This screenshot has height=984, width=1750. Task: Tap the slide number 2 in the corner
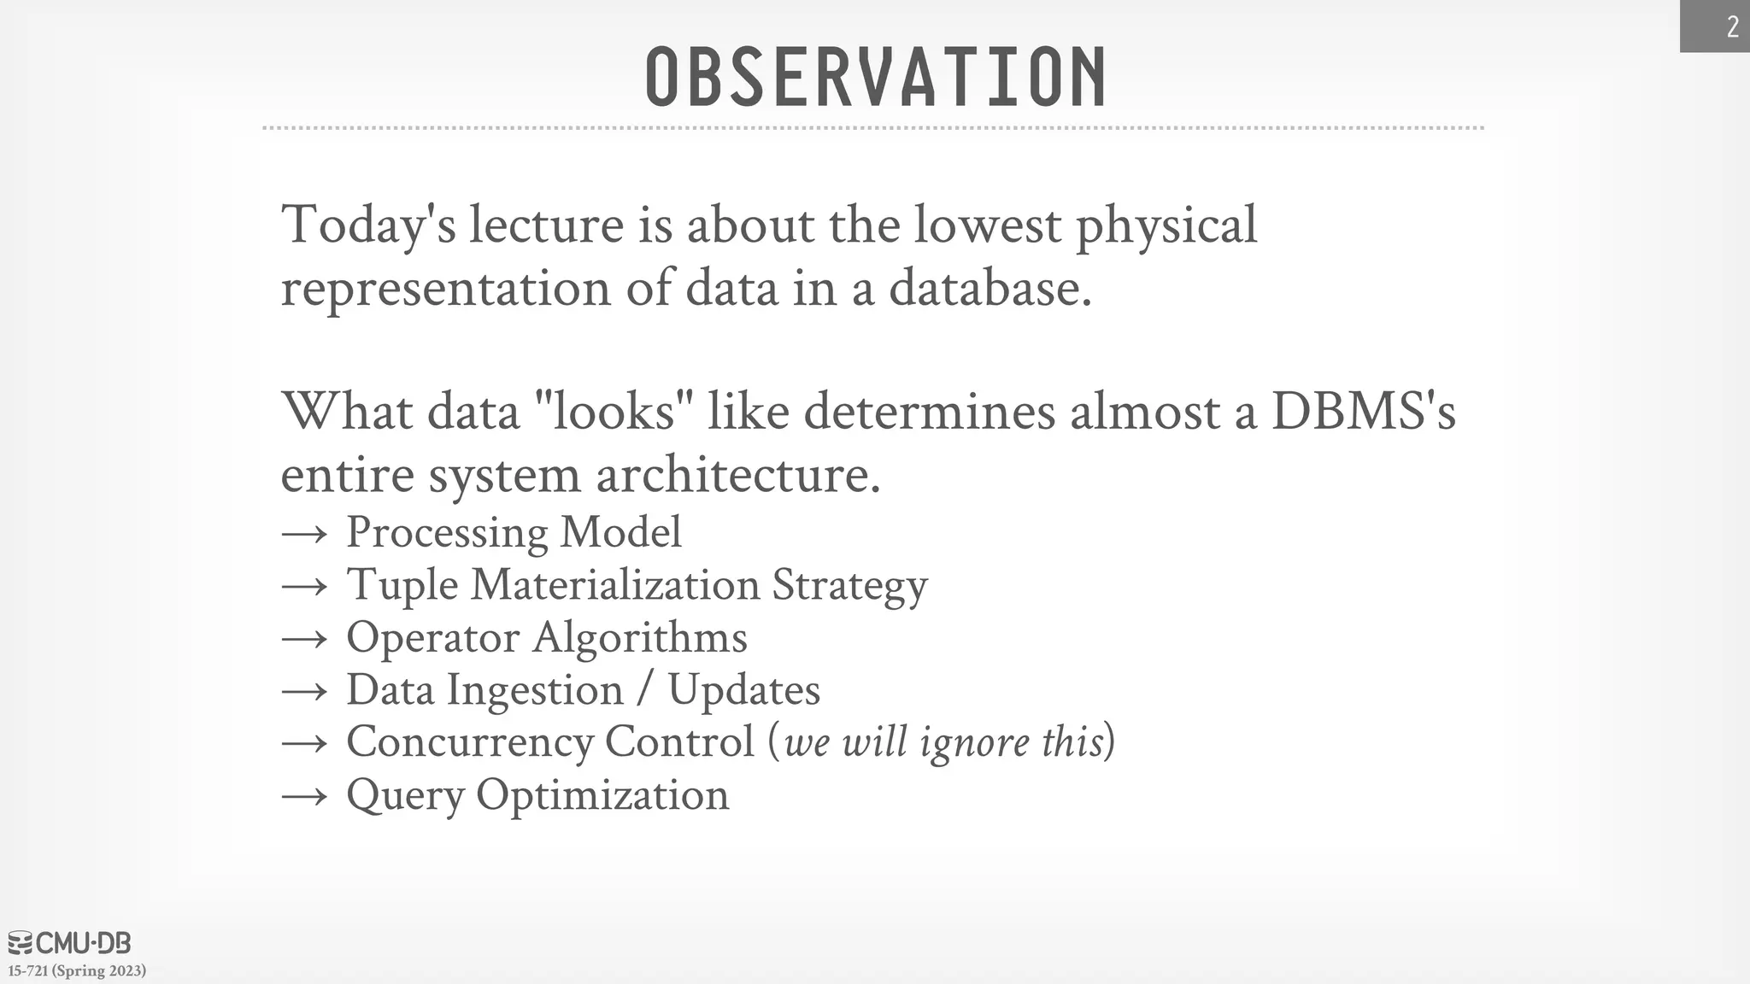(1732, 27)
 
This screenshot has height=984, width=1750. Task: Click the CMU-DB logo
(69, 943)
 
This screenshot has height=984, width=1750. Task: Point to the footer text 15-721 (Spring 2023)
(77, 971)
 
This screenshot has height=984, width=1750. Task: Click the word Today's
(368, 225)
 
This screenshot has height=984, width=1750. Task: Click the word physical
(1166, 225)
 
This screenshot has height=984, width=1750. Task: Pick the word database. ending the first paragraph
(990, 288)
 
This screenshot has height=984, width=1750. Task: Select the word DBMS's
(1363, 411)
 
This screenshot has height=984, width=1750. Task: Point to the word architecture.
(737, 474)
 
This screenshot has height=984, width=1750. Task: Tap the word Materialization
(614, 585)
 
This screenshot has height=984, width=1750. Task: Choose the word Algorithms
(640, 638)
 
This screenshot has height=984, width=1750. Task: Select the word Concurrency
(469, 742)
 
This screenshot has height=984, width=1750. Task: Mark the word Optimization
(602, 795)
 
